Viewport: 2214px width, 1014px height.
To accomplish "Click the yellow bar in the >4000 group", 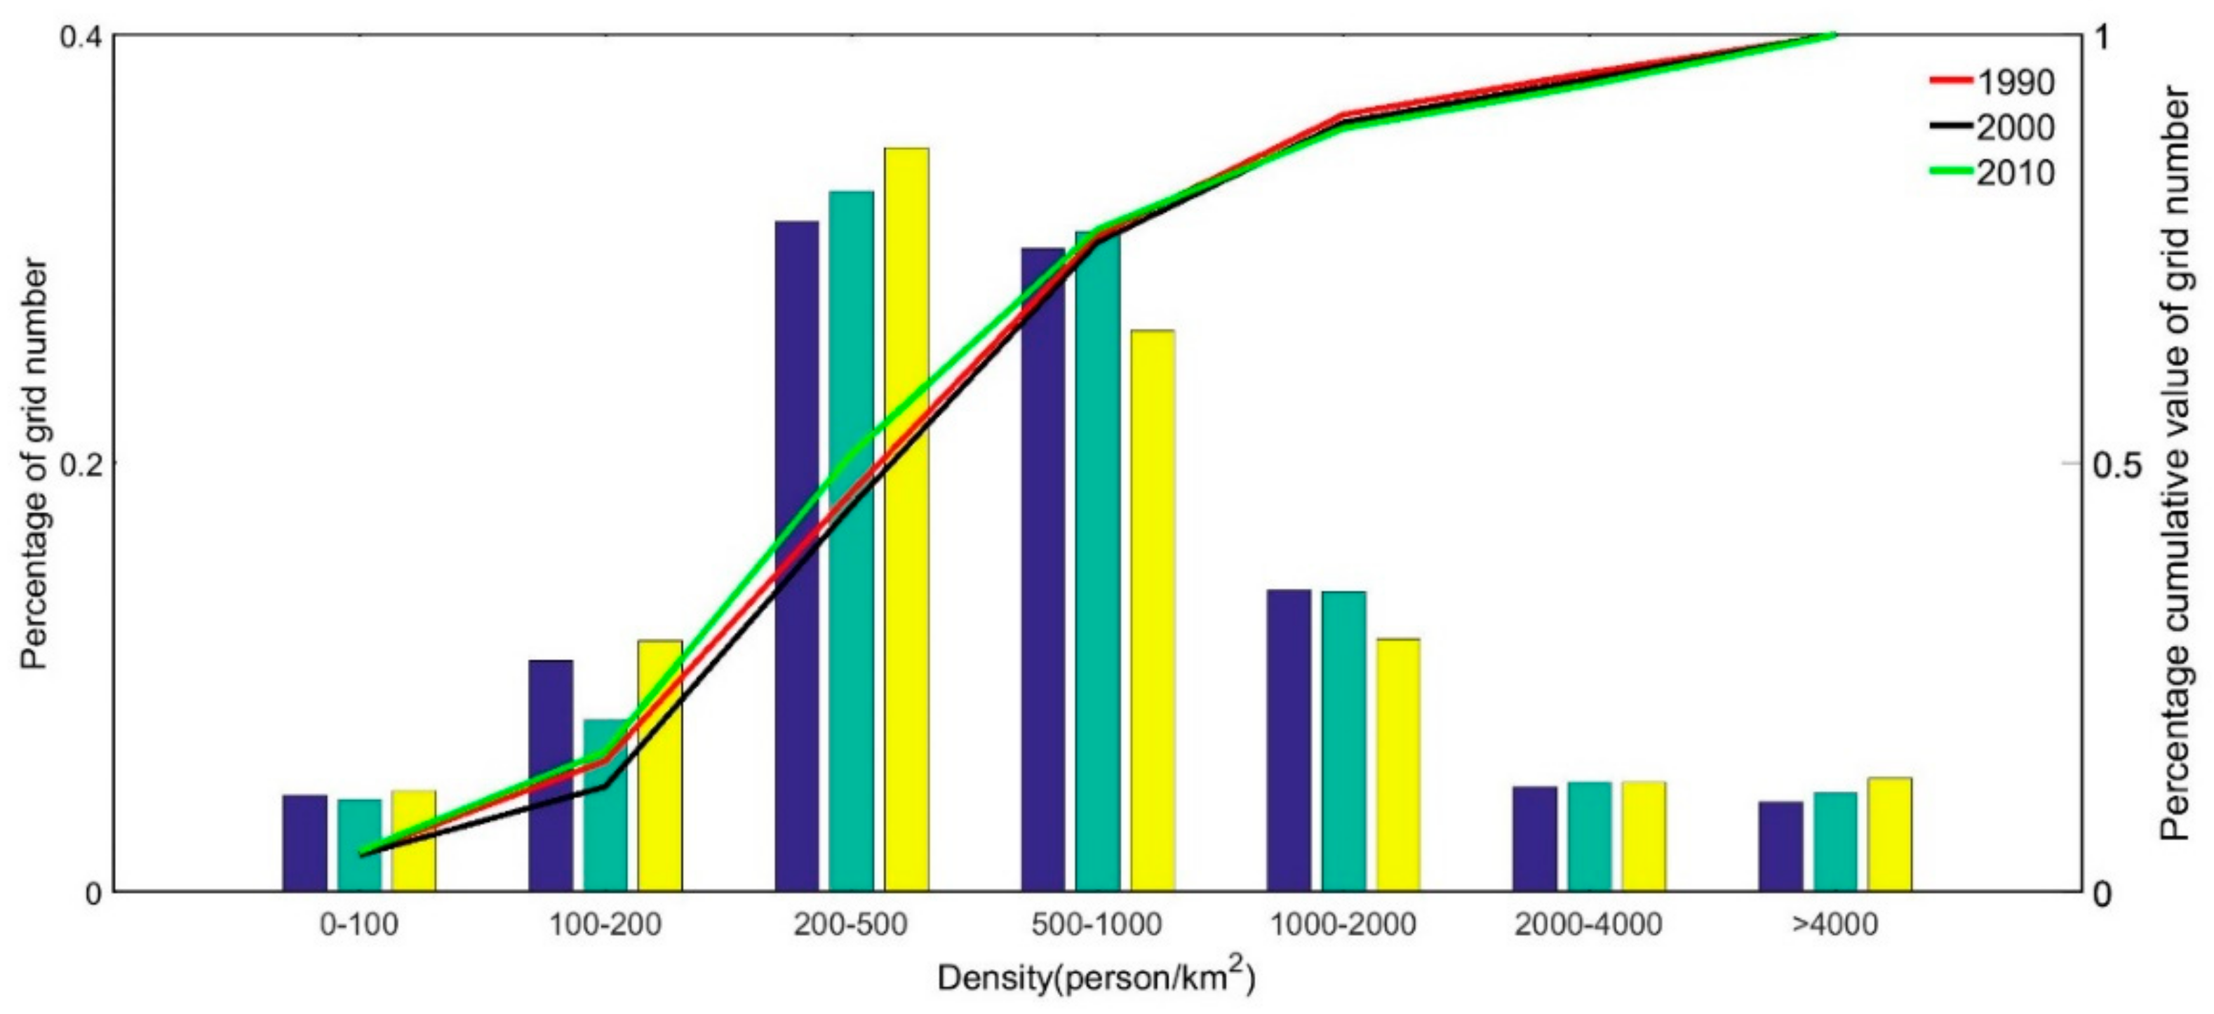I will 1889,834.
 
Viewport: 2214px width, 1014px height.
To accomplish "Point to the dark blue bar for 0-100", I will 304,842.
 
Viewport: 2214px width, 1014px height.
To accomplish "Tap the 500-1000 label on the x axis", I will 1096,925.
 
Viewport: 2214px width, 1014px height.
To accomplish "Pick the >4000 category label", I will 1834,925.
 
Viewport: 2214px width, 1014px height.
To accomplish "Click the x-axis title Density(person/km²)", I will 1096,976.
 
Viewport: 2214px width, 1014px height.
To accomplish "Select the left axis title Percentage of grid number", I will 34,464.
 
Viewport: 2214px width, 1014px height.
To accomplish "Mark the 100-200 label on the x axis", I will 605,925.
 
